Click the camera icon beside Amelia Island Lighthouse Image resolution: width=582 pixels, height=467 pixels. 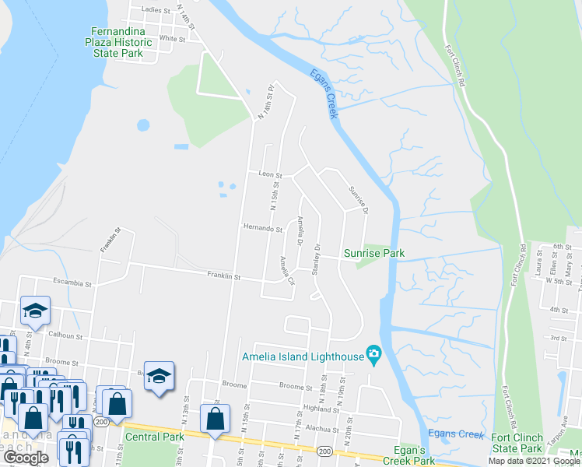(374, 356)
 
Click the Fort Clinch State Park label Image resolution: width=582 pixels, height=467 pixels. (517, 443)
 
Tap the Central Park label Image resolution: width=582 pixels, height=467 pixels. (154, 437)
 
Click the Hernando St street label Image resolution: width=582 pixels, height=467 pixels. (262, 229)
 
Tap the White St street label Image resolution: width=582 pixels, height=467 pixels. (172, 37)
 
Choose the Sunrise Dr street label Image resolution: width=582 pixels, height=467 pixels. (358, 200)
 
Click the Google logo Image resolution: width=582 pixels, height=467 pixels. (26, 458)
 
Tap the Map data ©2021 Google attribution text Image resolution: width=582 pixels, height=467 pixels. (534, 461)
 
